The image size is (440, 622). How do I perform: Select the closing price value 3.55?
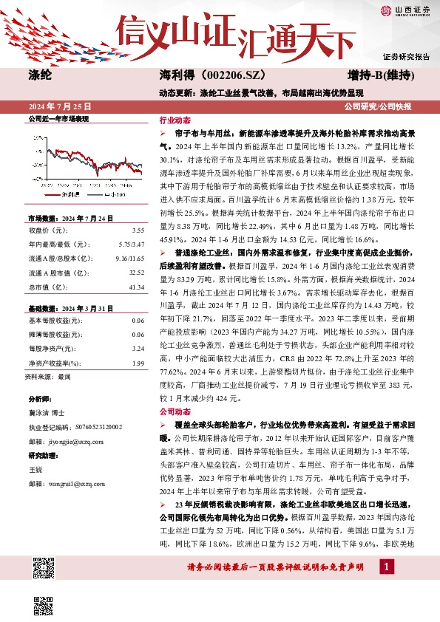point(138,230)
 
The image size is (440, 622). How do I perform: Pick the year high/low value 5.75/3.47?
point(132,243)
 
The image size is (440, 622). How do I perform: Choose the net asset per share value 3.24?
point(138,348)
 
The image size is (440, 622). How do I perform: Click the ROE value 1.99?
point(138,362)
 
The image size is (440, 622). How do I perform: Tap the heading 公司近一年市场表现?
point(58,118)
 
